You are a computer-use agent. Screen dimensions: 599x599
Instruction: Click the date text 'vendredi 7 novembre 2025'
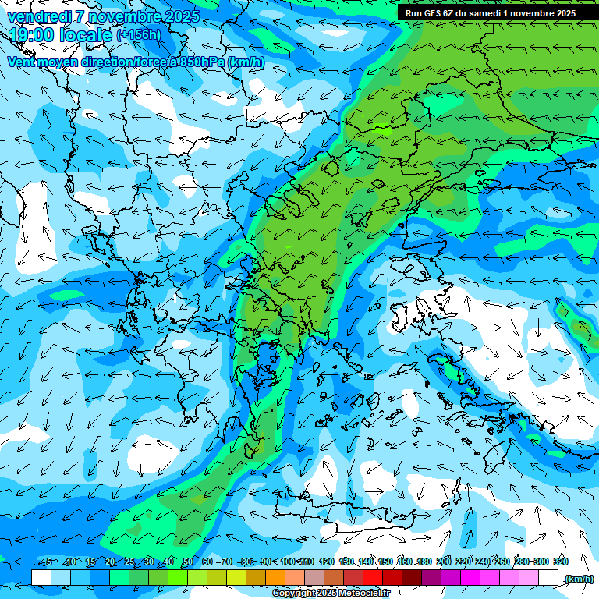pyautogui.click(x=103, y=16)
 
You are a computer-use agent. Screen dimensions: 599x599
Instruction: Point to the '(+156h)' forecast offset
pyautogui.click(x=138, y=35)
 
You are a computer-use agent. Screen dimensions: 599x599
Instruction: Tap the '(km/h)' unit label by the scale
pyautogui.click(x=579, y=579)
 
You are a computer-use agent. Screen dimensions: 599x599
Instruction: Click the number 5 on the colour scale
pyautogui.click(x=48, y=562)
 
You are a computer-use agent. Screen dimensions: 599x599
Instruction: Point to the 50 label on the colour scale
pyautogui.click(x=187, y=562)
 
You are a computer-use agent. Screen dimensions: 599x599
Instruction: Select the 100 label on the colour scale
pyautogui.click(x=288, y=562)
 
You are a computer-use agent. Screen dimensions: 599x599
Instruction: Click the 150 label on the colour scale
pyautogui.click(x=385, y=562)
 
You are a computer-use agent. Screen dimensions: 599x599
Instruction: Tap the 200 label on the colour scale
pyautogui.click(x=444, y=562)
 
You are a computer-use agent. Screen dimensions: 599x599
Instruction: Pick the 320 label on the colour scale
pyautogui.click(x=561, y=562)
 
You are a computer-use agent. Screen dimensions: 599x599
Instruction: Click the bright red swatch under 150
pyautogui.click(x=373, y=578)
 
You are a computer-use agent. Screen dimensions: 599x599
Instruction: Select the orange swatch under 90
pyautogui.click(x=275, y=578)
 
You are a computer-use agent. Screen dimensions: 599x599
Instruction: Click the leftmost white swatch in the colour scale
pyautogui.click(x=41, y=578)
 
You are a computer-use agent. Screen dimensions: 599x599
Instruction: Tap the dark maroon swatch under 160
pyautogui.click(x=412, y=578)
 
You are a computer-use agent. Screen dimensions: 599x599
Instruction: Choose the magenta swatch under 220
pyautogui.click(x=470, y=578)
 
